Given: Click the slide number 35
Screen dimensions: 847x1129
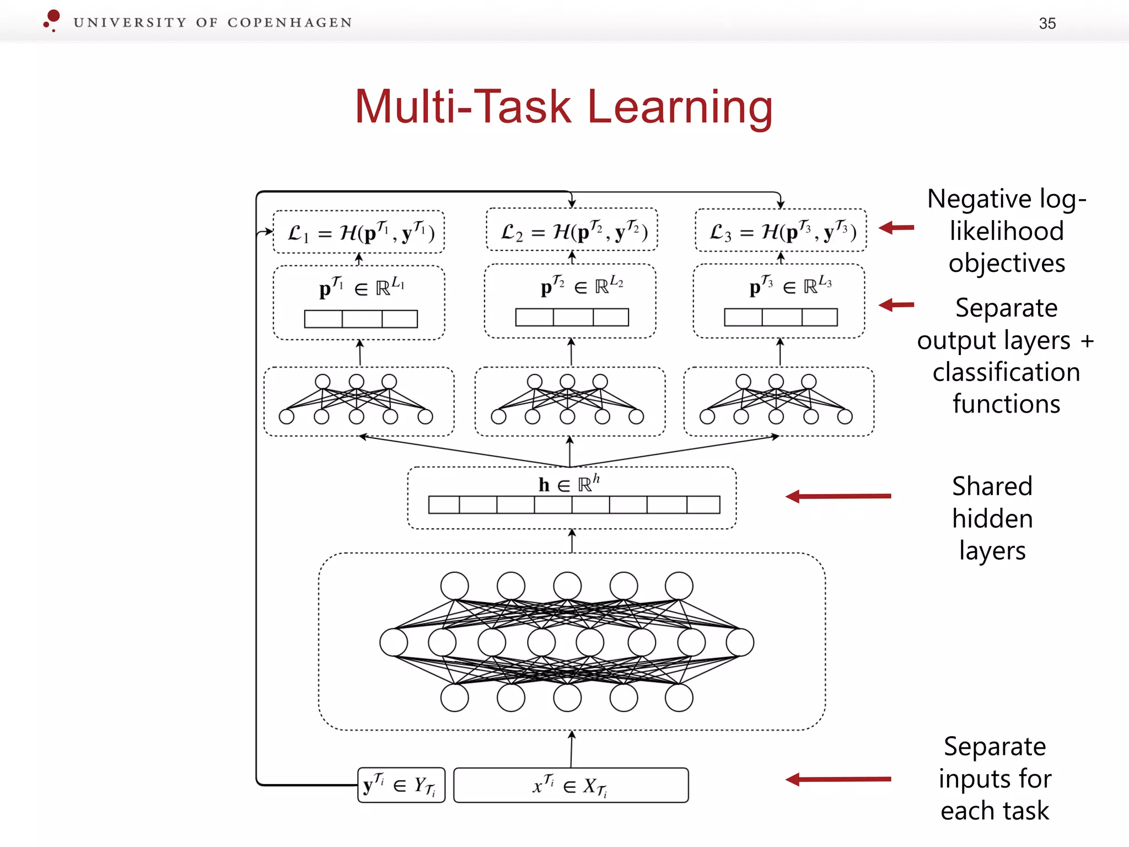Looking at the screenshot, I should coord(1047,23).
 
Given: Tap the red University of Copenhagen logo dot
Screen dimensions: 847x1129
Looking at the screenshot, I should coord(53,17).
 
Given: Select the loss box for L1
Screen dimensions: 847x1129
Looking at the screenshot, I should coord(359,232).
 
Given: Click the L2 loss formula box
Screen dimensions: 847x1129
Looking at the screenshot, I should coord(572,230).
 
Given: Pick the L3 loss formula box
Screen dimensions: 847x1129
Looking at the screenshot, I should coord(781,231).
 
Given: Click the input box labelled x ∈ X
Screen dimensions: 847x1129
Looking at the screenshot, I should coord(571,785).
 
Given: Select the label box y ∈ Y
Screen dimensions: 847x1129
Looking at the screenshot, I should coord(401,785).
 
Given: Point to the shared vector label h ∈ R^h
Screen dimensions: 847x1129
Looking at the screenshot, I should coord(569,484).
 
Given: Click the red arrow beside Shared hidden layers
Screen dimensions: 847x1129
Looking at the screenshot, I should coord(838,496).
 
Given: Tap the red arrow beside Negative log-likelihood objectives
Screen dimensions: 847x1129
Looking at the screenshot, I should coord(896,227).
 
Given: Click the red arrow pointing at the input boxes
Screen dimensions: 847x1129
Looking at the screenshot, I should coord(838,779).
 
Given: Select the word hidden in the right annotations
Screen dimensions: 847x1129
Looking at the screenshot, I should coord(992,519).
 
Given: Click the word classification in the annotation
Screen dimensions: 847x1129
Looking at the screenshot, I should coord(1006,372).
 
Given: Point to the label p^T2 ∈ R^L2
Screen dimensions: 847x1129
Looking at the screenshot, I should coord(582,286).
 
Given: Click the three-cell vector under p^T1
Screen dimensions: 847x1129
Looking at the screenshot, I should coord(361,319).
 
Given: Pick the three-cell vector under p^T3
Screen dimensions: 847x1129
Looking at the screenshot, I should coord(781,317).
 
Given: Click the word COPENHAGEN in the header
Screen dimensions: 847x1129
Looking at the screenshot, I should coord(289,23).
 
